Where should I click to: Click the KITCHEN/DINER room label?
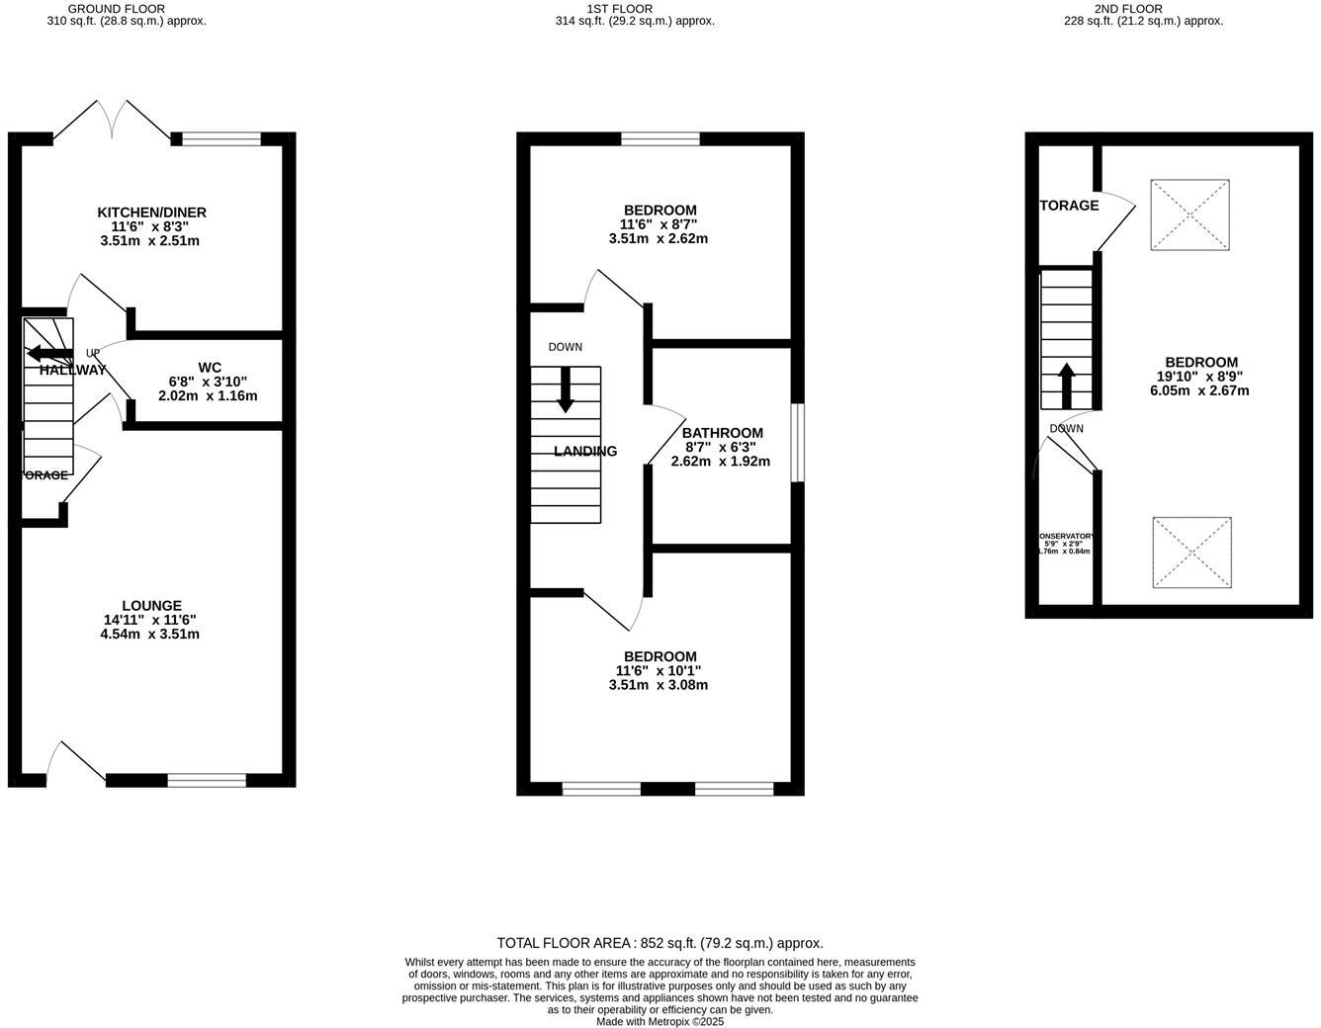coord(151,213)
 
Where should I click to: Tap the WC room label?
coord(209,368)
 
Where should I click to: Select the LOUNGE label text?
coord(151,606)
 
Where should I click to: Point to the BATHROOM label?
coord(722,433)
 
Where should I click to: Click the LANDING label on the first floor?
coord(585,452)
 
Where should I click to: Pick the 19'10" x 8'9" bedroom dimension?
coord(1200,377)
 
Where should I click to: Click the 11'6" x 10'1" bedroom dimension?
coord(659,671)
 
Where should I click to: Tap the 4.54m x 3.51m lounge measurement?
coord(150,634)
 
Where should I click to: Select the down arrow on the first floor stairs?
coord(566,389)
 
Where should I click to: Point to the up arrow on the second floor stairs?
coord(1066,385)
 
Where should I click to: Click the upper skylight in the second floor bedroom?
coord(1189,214)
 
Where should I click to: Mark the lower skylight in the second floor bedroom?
coord(1191,553)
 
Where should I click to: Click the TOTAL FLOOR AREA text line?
coord(660,943)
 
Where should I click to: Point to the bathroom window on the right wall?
coord(797,442)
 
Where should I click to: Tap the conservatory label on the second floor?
coord(1066,537)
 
